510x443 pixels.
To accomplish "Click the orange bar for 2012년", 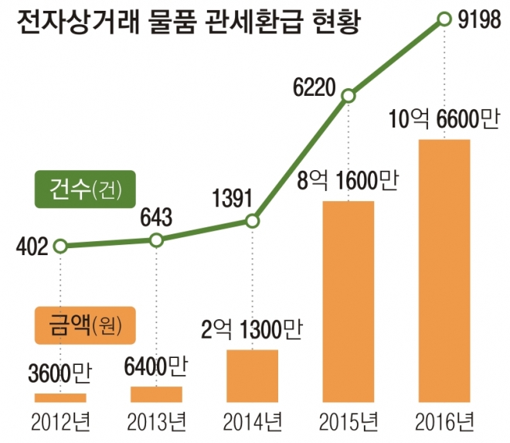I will tap(60, 397).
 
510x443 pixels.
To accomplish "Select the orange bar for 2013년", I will tap(156, 394).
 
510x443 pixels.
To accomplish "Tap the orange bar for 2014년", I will tap(252, 376).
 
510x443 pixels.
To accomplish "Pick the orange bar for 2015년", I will tap(348, 302).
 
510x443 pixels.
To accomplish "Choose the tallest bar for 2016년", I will tap(444, 271).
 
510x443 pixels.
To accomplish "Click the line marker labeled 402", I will tap(61, 247).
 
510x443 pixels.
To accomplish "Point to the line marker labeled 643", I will tap(156, 240).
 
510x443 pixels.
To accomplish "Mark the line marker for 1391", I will tap(252, 222).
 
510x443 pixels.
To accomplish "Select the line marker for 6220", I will tap(348, 96).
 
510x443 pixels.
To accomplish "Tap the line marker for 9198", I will tap(444, 18).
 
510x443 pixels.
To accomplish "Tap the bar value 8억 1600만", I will tap(348, 181).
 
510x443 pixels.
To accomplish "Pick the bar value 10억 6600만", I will tap(444, 119).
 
